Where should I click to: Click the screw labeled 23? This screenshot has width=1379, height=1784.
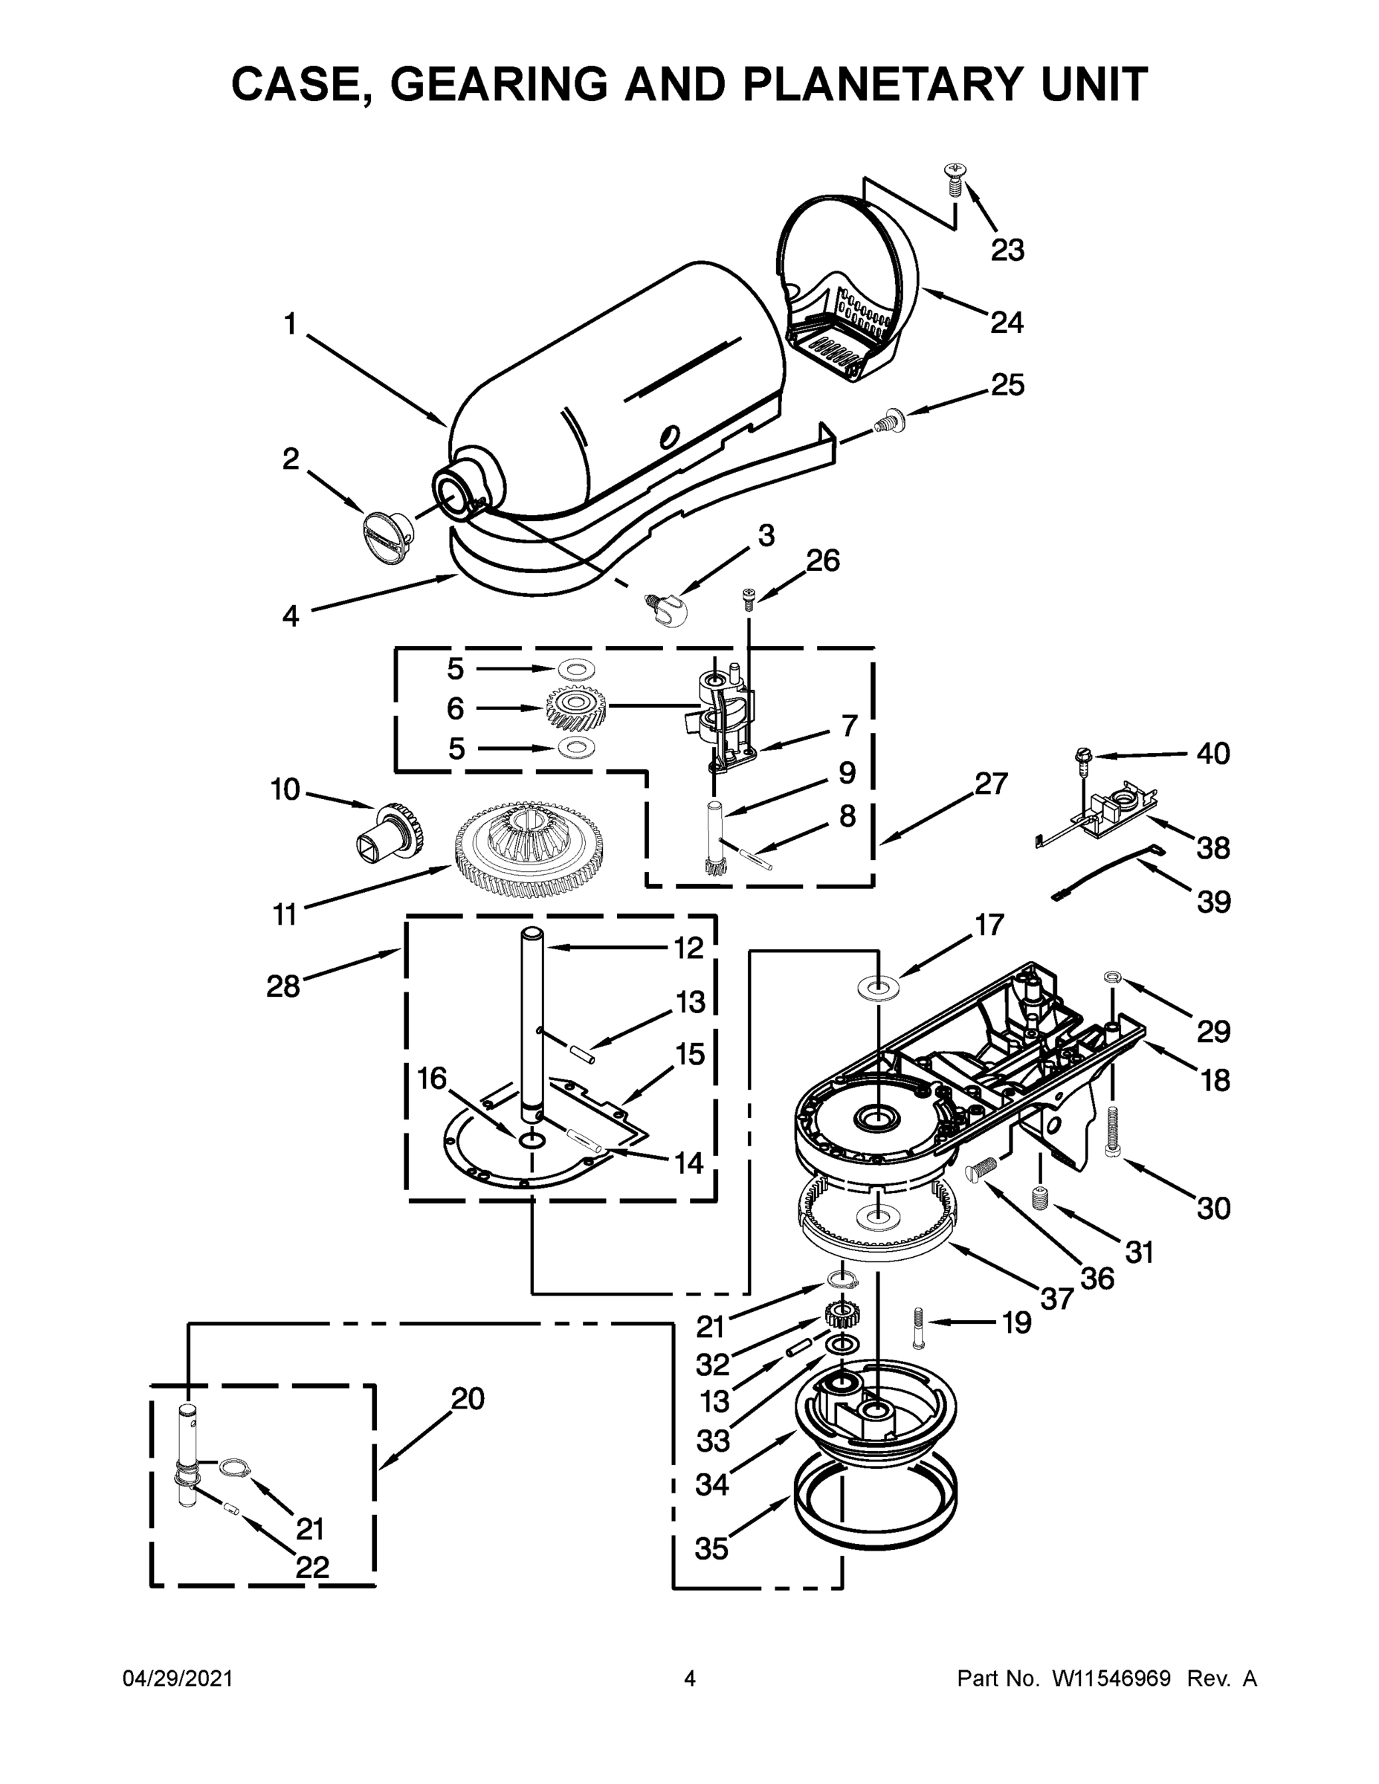click(x=952, y=177)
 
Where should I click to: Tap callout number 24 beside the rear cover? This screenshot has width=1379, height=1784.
click(x=1007, y=323)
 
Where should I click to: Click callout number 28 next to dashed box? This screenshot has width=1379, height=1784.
click(x=283, y=986)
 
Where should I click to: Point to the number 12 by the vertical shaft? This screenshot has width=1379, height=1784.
click(x=688, y=948)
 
